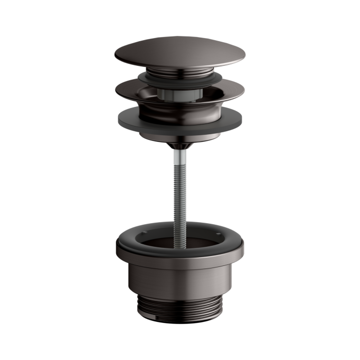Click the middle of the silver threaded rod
coord(179,190)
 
